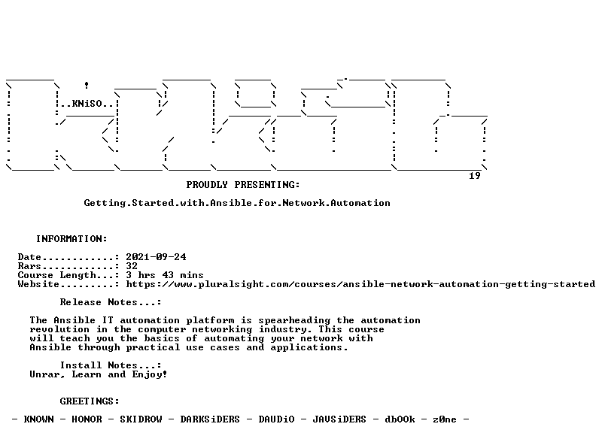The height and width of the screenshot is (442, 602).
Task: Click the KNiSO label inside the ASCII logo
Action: [87, 104]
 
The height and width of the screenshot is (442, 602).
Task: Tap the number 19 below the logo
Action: [475, 176]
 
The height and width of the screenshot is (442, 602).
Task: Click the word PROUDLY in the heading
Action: [207, 185]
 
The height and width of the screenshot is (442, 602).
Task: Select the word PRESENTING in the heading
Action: [267, 185]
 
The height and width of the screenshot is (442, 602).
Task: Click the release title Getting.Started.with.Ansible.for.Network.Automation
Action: [237, 203]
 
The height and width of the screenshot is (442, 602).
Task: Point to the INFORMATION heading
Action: [71, 239]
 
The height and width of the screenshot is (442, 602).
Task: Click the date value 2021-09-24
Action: [156, 257]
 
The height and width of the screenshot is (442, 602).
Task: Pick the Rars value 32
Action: [132, 266]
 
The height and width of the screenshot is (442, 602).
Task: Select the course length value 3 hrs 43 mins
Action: [165, 275]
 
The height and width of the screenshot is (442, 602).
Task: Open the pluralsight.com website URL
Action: [360, 284]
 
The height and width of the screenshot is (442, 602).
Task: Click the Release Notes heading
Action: [110, 302]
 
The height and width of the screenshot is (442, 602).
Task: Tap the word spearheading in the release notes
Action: [294, 320]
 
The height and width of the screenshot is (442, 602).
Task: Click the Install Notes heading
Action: [110, 365]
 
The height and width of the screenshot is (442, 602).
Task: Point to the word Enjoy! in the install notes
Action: [150, 374]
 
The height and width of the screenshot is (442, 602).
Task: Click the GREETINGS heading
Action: [90, 401]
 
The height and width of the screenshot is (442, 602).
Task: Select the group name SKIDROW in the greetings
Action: [141, 419]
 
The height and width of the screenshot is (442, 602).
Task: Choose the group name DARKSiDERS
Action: [210, 419]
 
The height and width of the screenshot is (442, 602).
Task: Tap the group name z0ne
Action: [445, 419]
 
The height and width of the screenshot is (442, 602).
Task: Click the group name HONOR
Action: [87, 419]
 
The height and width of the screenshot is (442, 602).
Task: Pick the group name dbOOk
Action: [400, 419]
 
